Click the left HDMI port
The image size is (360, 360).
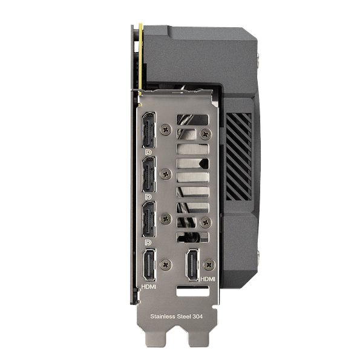(x=148, y=266)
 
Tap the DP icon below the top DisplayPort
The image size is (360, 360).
(x=148, y=152)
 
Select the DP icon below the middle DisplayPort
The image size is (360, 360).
(x=148, y=197)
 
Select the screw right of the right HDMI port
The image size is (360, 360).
(x=209, y=264)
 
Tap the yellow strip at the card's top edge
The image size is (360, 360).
(x=140, y=54)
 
